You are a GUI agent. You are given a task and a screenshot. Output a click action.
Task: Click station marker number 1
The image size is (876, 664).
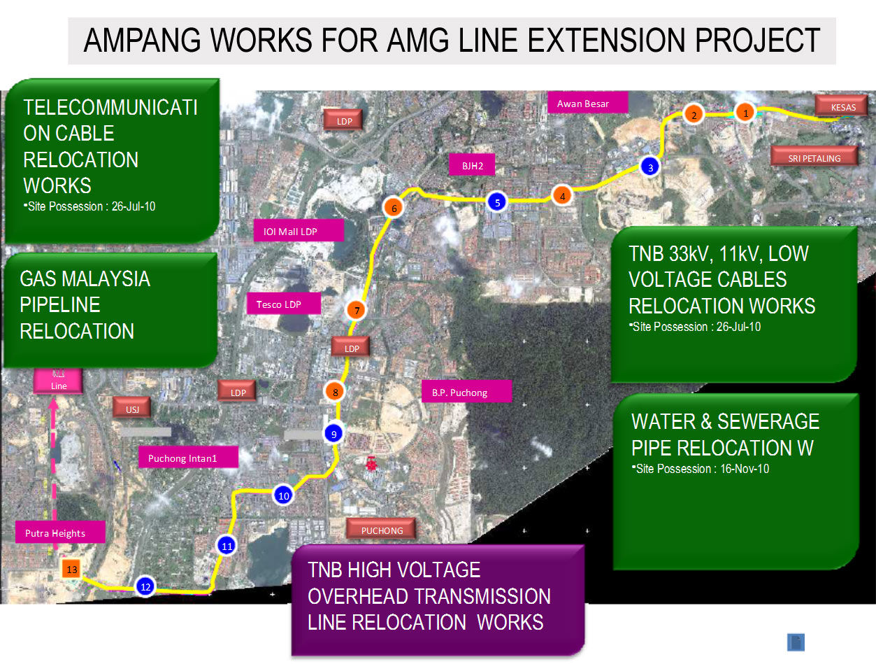coord(746,112)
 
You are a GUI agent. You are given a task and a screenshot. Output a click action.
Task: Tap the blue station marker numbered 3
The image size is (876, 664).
coord(650,167)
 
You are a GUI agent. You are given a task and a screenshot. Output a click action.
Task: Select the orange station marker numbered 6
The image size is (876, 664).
coord(394,208)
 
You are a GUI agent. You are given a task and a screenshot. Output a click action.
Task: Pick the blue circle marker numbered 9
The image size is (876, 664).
coord(334,434)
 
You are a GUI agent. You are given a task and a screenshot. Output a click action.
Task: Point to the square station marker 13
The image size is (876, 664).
coord(71,568)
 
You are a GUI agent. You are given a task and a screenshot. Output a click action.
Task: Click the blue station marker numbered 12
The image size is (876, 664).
coord(145,586)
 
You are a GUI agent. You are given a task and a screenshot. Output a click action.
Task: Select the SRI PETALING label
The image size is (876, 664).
coord(814,157)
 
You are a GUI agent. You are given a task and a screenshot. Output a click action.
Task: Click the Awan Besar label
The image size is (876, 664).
coord(583,104)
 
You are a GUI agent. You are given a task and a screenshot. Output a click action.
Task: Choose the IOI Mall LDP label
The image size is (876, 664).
coord(299,231)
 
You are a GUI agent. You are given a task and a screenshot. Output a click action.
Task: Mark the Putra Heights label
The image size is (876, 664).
coord(55,532)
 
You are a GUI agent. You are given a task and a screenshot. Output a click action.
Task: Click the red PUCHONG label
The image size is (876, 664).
coord(382,530)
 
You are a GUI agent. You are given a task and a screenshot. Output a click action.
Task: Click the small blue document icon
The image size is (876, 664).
coord(796,642)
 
